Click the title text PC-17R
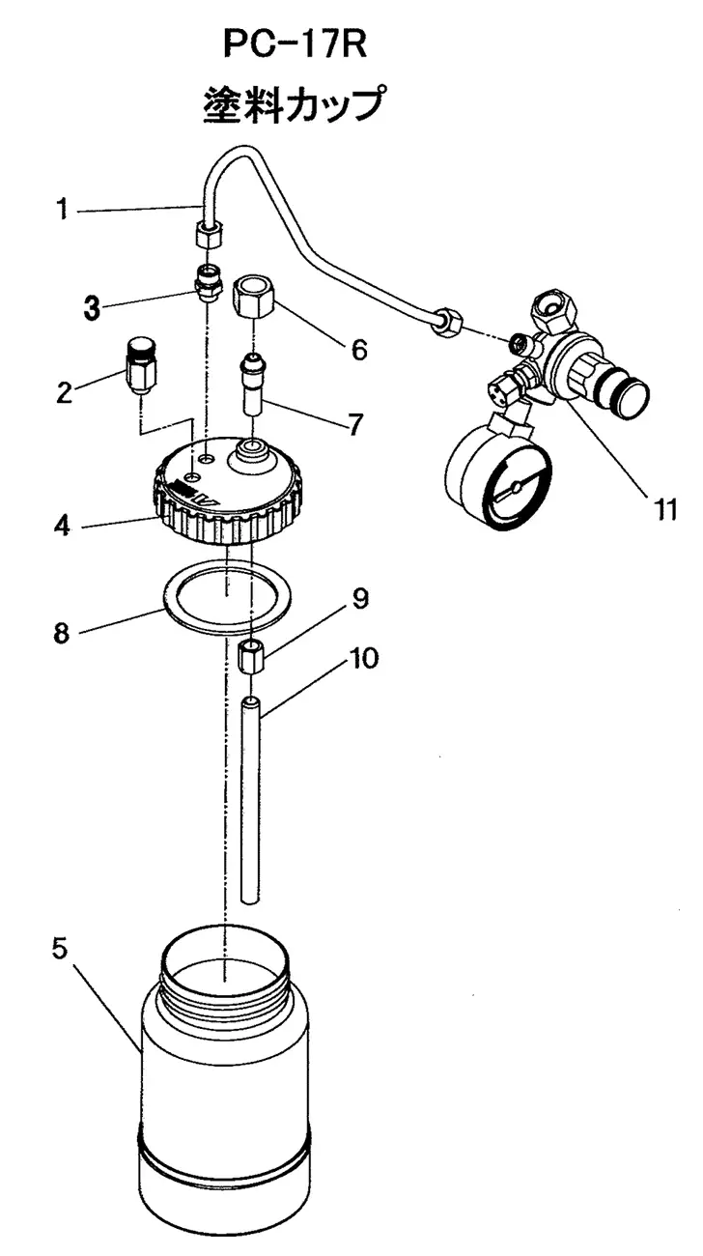[295, 44]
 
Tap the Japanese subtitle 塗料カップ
[295, 105]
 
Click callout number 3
[92, 308]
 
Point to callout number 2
[65, 392]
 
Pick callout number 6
[359, 350]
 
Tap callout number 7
[355, 424]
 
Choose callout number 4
[62, 526]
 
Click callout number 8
[61, 634]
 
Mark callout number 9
[360, 599]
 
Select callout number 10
[364, 658]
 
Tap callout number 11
[664, 509]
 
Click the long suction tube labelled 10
[252, 800]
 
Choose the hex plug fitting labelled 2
[141, 364]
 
